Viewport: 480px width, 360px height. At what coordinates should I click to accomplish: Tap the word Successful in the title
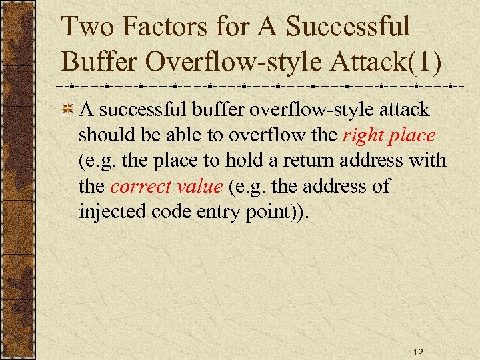347,28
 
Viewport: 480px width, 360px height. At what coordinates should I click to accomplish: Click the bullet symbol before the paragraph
67,109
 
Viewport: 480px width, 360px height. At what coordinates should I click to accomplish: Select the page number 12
417,351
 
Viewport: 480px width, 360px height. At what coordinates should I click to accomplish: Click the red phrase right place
389,135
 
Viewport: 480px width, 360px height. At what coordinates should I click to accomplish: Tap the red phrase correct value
166,186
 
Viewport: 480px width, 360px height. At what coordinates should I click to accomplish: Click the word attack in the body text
405,109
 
